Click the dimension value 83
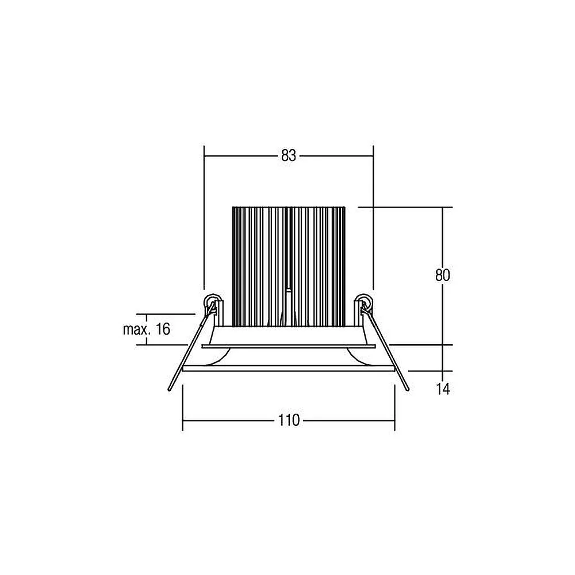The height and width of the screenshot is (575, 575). coord(288,156)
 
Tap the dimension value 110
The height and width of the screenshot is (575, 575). coord(289,420)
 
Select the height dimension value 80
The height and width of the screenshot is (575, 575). coord(443,275)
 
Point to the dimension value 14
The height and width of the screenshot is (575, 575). coord(443,389)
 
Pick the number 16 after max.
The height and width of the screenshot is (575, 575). coord(163,329)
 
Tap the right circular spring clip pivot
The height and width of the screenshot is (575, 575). coord(365,302)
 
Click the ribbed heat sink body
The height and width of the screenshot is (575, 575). coord(289,267)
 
